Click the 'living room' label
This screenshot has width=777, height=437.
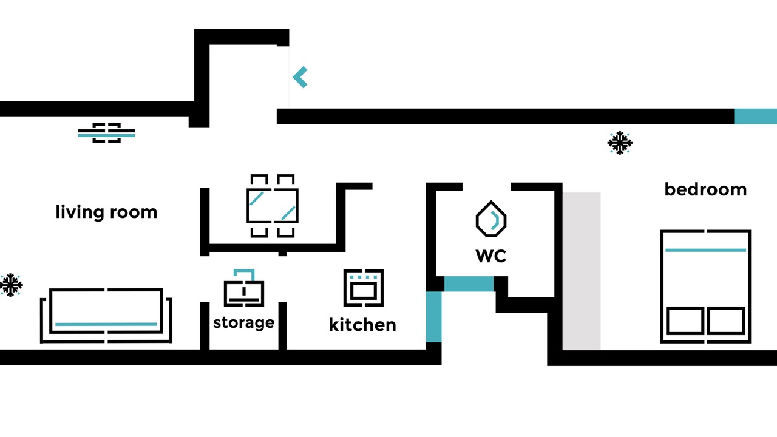(106, 212)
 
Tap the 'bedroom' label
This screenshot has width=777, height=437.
(705, 189)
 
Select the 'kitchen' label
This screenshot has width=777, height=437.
(362, 325)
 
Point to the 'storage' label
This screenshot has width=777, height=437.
(244, 322)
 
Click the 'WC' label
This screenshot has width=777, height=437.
(491, 256)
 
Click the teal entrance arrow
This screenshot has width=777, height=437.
(300, 77)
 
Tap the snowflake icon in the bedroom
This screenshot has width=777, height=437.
(620, 143)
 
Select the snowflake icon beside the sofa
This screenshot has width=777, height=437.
(11, 285)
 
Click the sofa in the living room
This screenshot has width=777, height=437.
(106, 315)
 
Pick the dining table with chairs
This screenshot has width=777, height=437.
(273, 206)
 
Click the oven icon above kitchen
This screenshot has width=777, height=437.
(364, 288)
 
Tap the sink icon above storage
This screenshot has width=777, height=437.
(244, 288)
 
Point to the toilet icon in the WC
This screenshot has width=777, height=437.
(491, 219)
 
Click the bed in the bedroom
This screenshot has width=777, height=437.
(705, 286)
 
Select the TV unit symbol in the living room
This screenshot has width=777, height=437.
(106, 133)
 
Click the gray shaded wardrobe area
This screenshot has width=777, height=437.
(582, 271)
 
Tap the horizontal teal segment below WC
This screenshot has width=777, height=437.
(469, 283)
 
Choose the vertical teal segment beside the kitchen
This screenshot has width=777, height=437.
(433, 317)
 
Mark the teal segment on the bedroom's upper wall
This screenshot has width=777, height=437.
(756, 116)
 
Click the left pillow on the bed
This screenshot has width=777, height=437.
(685, 321)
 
